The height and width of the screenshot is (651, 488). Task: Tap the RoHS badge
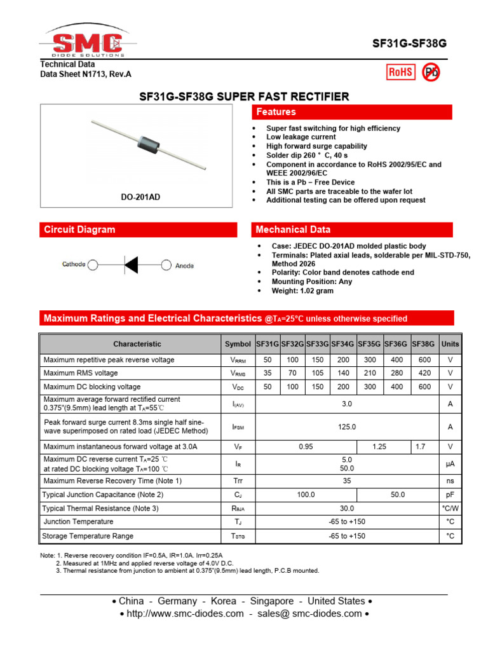click(x=400, y=72)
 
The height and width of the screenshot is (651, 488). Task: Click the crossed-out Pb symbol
click(x=431, y=72)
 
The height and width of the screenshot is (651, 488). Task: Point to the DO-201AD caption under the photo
click(x=140, y=197)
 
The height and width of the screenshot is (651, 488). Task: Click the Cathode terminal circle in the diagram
click(x=93, y=264)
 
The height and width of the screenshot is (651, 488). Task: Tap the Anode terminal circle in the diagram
click(x=166, y=265)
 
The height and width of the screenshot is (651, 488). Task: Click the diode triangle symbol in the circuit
click(x=131, y=264)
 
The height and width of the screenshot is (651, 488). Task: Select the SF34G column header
click(x=343, y=344)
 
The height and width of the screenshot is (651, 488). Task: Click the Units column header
click(x=450, y=344)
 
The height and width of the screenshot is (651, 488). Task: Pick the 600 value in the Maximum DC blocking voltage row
click(x=424, y=387)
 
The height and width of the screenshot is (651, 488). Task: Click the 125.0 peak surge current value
click(x=347, y=427)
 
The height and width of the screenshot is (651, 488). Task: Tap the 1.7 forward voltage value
click(x=420, y=447)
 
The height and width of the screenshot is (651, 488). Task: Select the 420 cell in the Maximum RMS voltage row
click(x=424, y=373)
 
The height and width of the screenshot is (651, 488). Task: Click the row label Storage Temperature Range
click(x=88, y=536)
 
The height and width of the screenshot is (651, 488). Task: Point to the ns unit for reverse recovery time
click(x=450, y=481)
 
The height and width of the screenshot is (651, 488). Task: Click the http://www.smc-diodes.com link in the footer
click(x=186, y=613)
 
